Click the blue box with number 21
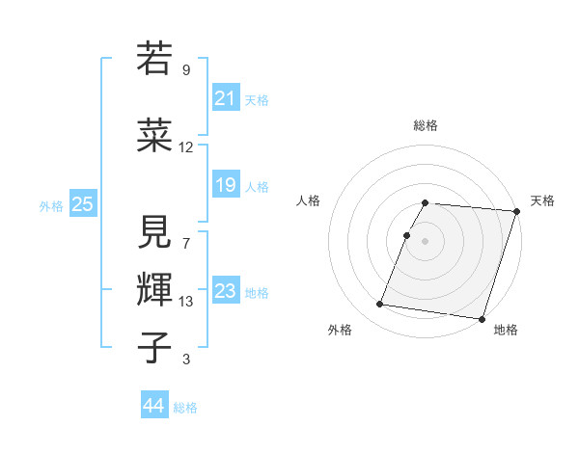click(225, 98)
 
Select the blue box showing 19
click(225, 185)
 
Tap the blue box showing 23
click(225, 291)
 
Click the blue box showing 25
click(82, 204)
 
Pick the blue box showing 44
click(153, 406)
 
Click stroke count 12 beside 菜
click(185, 147)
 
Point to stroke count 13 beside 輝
click(185, 302)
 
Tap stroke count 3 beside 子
click(186, 360)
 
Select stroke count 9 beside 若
click(186, 69)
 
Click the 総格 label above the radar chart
click(426, 125)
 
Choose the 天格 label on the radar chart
click(542, 200)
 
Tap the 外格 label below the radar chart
click(340, 330)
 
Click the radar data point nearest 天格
click(516, 211)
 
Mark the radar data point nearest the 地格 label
click(482, 319)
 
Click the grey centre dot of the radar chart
click(426, 241)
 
